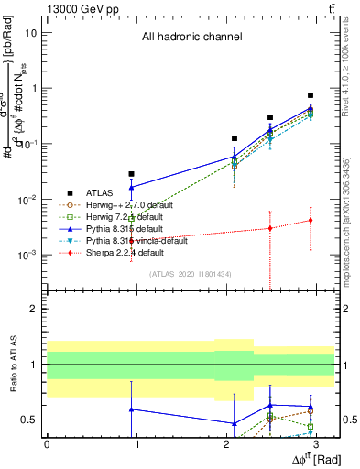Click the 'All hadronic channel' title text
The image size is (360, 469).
click(x=191, y=38)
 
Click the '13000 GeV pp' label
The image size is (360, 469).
click(x=74, y=7)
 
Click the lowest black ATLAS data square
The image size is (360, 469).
click(x=132, y=174)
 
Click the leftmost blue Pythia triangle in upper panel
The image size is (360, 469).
click(x=132, y=187)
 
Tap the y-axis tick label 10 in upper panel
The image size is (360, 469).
click(x=30, y=33)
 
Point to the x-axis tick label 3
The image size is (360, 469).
click(x=317, y=442)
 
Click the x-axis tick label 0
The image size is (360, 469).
click(x=47, y=442)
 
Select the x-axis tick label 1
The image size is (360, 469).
click(x=136, y=442)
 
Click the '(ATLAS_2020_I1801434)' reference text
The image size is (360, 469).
click(x=191, y=274)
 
